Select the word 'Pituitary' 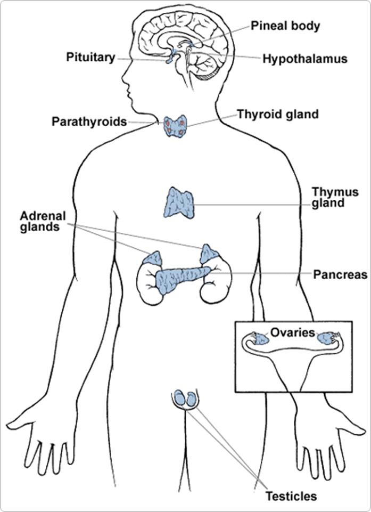[90, 57]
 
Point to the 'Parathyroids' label [89, 121]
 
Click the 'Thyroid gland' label [277, 114]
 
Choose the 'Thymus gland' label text [335, 197]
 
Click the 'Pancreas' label [340, 275]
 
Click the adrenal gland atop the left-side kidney [154, 259]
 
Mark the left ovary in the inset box [260, 339]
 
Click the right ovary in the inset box [325, 338]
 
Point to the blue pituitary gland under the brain [169, 58]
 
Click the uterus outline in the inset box [293, 362]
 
